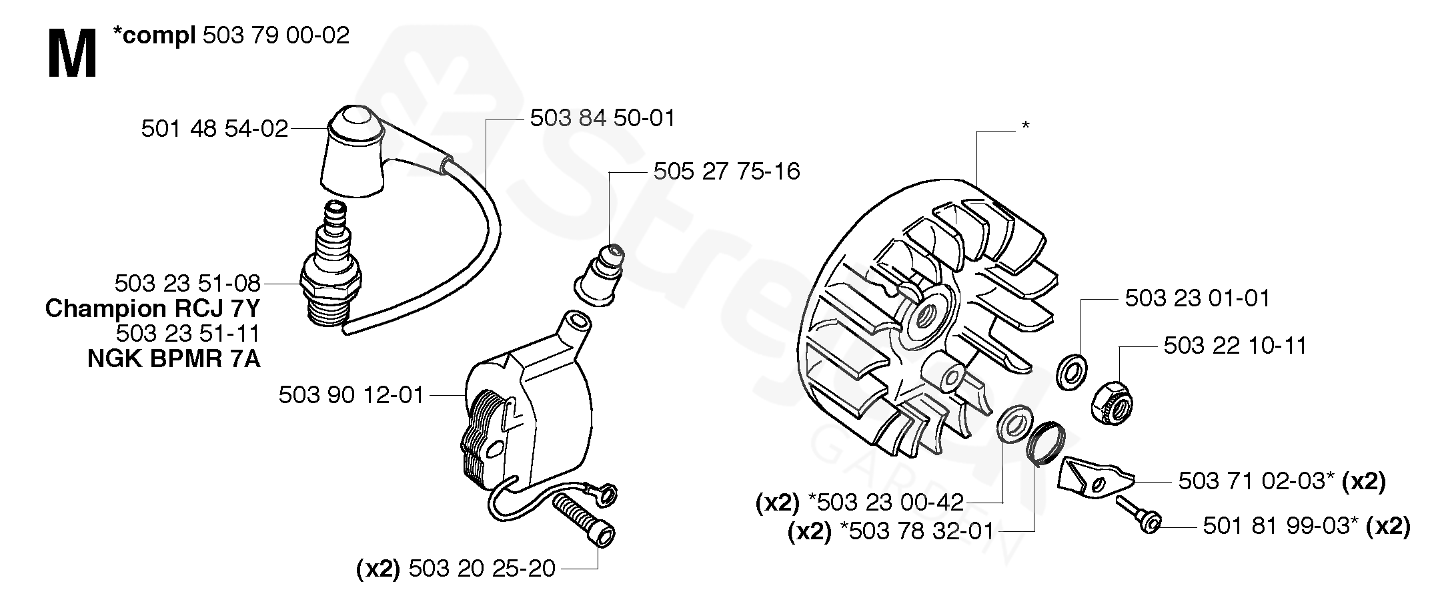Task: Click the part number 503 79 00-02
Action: coord(275,35)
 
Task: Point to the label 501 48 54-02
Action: coord(215,128)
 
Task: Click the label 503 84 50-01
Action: coord(603,118)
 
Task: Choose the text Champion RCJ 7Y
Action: coord(153,308)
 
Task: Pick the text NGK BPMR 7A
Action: coord(174,359)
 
